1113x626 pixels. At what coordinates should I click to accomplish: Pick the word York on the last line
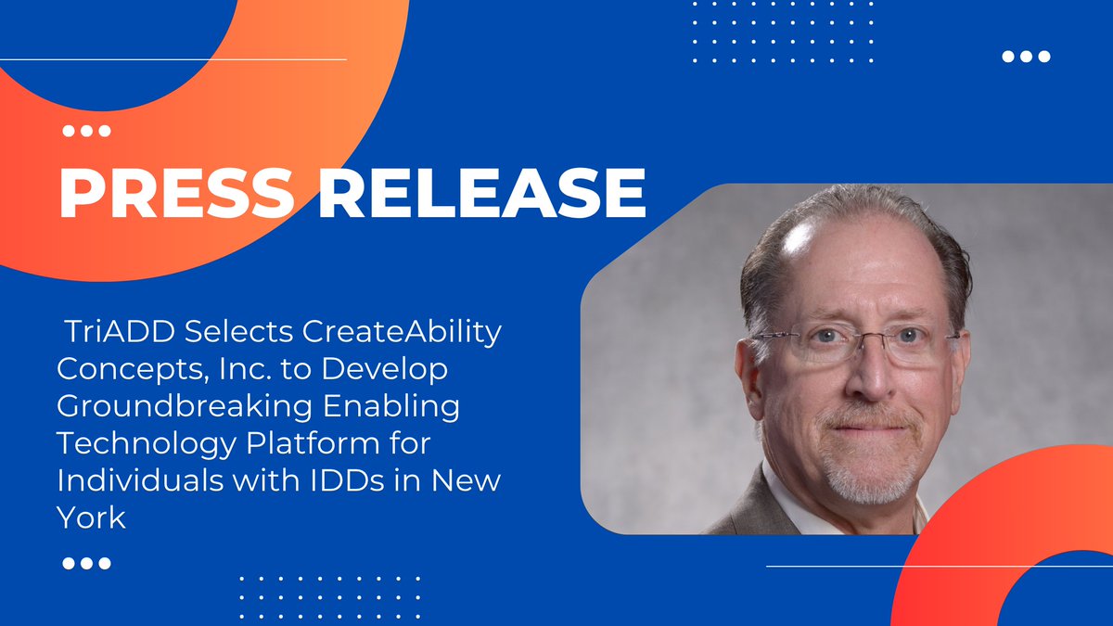(x=91, y=517)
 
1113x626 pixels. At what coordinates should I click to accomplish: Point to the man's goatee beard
(x=864, y=468)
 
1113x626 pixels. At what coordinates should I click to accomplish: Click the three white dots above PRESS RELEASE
(x=86, y=132)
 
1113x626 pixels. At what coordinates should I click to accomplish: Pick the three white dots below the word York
(x=86, y=563)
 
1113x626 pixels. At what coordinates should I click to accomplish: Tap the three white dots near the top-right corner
(x=1026, y=57)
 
